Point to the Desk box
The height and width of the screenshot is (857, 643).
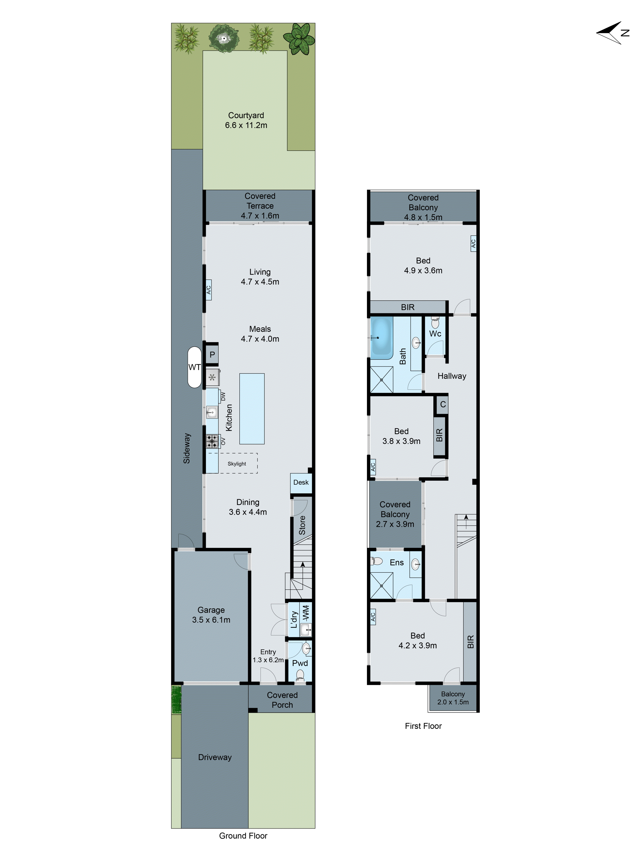coord(301,482)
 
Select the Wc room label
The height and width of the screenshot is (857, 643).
coord(435,334)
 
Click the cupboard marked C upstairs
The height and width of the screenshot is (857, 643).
coord(443,404)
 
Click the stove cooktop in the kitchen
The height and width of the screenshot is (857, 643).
coord(212,441)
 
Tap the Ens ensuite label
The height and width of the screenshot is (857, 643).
coord(397,563)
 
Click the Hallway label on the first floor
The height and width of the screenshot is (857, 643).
coord(452,376)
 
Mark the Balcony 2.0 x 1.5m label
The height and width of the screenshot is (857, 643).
coord(453,698)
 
